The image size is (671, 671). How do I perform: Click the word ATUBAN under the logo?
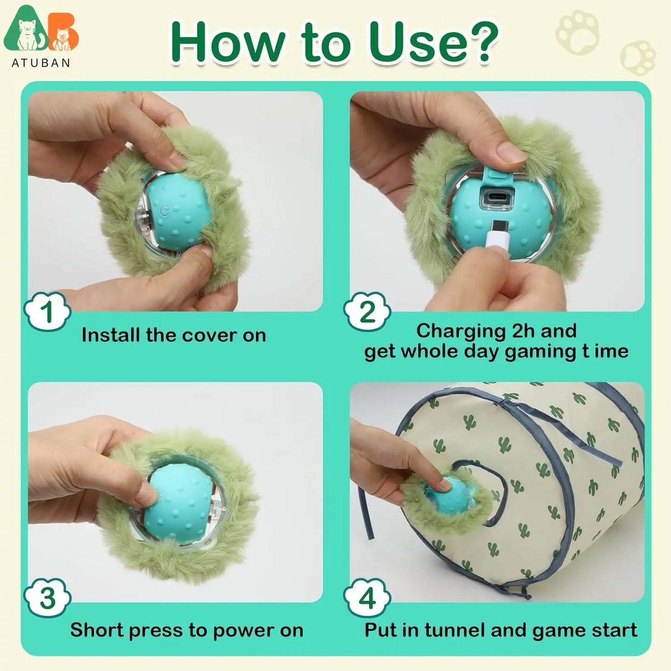point(41,63)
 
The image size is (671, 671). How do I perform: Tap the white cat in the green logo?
point(28,34)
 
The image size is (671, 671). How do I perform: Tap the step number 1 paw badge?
point(48,311)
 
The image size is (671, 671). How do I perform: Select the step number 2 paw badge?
point(367,311)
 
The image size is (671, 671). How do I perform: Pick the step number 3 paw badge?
point(48,598)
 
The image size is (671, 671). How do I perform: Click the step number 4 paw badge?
point(367,598)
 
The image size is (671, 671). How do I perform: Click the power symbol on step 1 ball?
point(165,211)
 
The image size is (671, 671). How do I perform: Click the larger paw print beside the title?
point(578,32)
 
